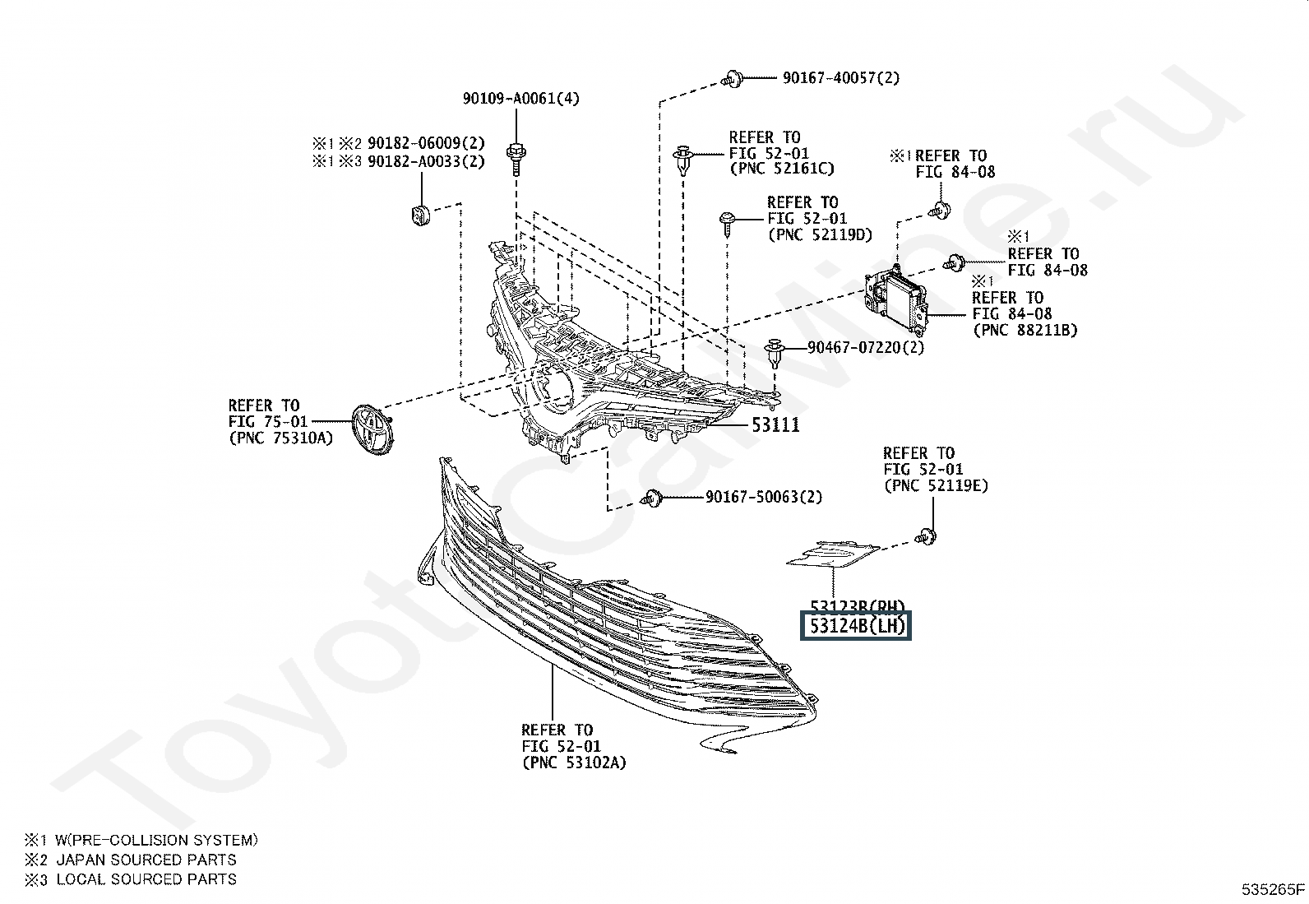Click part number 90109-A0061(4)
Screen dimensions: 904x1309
(x=520, y=99)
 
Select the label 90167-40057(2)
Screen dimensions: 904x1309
(x=840, y=78)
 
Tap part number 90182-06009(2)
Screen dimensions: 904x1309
(x=426, y=142)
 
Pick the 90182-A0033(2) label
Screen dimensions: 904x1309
(x=426, y=161)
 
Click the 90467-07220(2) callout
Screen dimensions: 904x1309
(x=865, y=347)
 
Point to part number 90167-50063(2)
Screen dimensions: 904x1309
(x=763, y=497)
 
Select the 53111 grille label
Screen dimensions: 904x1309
(x=775, y=425)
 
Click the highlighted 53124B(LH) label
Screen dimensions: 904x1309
(x=857, y=627)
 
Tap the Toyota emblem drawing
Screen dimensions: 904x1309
(x=372, y=428)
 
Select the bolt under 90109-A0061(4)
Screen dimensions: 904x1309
(x=516, y=156)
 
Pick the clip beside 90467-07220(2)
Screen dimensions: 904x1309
(x=775, y=352)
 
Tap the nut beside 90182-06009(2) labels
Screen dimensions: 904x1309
(x=420, y=216)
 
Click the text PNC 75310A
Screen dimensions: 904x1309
(x=280, y=438)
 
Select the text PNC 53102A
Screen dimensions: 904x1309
(x=573, y=763)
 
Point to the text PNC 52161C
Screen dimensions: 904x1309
(x=781, y=169)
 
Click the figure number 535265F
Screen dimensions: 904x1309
(x=1272, y=889)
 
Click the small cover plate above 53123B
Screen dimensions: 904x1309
(x=832, y=554)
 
